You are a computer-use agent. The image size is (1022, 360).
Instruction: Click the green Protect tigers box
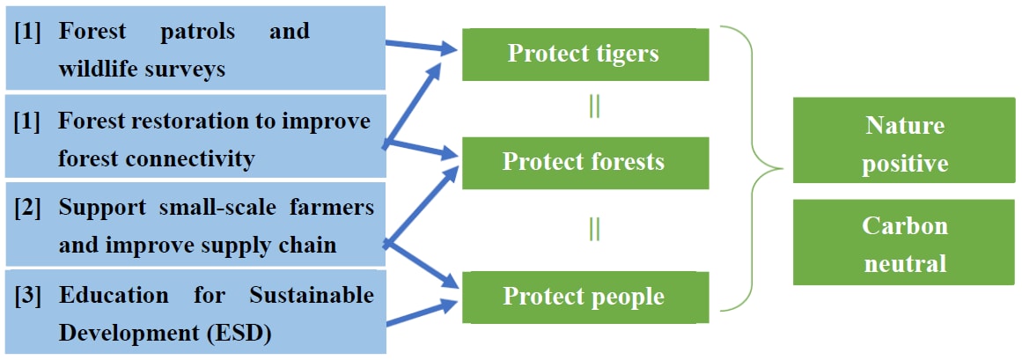pyautogui.click(x=585, y=54)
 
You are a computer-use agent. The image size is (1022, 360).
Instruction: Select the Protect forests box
pyautogui.click(x=585, y=162)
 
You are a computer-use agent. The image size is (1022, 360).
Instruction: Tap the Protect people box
pyautogui.click(x=585, y=297)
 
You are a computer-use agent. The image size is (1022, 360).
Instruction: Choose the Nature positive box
pyautogui.click(x=903, y=144)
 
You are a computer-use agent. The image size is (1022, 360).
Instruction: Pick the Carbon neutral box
pyautogui.click(x=903, y=244)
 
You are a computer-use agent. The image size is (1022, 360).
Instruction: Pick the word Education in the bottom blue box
pyautogui.click(x=114, y=295)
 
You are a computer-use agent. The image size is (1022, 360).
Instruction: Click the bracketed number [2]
pyautogui.click(x=30, y=208)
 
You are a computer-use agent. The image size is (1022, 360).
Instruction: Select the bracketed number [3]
pyautogui.click(x=30, y=295)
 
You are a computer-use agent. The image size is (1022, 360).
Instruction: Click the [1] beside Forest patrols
pyautogui.click(x=30, y=32)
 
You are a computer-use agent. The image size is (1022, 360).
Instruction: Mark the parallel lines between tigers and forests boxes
pyautogui.click(x=595, y=107)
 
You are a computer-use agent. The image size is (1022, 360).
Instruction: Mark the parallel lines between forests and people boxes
pyautogui.click(x=595, y=229)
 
